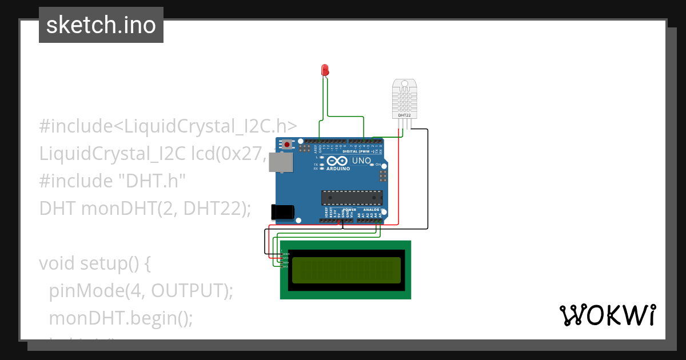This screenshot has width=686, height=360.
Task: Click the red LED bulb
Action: pos(325,70)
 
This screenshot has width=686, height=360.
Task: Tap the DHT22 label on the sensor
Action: pos(404,115)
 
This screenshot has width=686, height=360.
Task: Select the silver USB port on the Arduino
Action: pos(280,162)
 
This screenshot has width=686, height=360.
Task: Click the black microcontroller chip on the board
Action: pos(352,198)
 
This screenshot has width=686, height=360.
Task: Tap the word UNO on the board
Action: pos(361,161)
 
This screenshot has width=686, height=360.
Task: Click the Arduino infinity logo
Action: pos(337,162)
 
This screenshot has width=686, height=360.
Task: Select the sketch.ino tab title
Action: pos(101,25)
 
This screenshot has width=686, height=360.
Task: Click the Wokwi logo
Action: pos(607,315)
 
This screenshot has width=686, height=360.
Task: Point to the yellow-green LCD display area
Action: pos(346,270)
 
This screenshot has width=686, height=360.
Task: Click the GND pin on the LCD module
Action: pos(286,254)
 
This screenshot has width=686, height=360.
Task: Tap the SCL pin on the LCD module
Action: pos(286,267)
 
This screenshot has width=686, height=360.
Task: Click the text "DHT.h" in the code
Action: pos(152,181)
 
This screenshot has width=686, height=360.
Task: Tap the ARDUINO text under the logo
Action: pos(338,169)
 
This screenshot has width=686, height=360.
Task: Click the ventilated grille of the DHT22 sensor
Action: pos(404,99)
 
